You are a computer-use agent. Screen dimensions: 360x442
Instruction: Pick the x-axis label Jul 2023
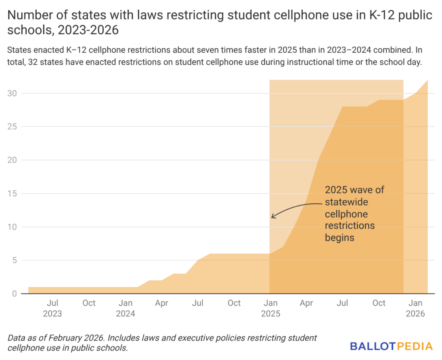(x=53, y=308)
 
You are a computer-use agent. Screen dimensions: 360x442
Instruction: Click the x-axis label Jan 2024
(x=126, y=308)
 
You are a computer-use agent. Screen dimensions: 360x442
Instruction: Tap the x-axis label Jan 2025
(x=271, y=308)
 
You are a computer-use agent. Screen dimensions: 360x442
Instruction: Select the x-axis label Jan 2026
(x=416, y=308)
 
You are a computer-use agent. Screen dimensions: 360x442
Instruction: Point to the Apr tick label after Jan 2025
(x=306, y=303)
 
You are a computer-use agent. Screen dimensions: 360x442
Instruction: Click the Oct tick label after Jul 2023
(x=89, y=303)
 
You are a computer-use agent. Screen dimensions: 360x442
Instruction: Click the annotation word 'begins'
(x=339, y=237)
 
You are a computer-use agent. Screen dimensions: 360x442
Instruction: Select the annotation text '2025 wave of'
(x=354, y=190)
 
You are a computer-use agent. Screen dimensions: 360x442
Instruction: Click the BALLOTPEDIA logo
(x=391, y=346)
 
